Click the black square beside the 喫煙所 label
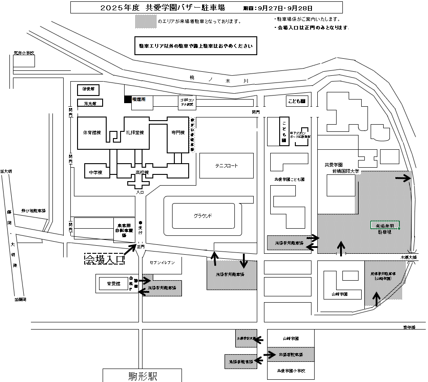click(128, 99)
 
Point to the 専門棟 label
click(178, 133)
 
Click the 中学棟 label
click(96, 172)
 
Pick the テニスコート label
click(226, 165)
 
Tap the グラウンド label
click(203, 216)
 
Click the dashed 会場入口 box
click(104, 259)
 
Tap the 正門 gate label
click(141, 246)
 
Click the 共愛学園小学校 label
click(291, 371)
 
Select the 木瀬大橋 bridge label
click(408, 257)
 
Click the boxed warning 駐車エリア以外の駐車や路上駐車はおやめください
click(195, 46)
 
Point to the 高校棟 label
click(142, 172)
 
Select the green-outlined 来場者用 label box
click(385, 225)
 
